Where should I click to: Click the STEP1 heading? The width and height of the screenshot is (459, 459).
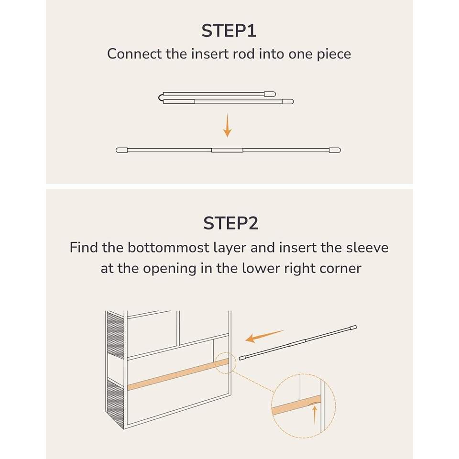229,31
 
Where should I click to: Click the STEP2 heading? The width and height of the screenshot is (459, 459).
230,223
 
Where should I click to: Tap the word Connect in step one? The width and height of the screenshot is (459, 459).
134,54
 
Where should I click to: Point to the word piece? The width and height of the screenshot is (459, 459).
334,55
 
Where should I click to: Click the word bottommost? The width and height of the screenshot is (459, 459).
168,248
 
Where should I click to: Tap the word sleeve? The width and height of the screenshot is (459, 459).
367,248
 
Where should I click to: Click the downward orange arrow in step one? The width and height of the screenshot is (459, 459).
228,125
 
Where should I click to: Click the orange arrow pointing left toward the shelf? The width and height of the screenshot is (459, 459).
264,336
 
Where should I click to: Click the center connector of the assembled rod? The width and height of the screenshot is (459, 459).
227,150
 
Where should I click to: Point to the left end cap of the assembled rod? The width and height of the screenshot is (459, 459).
122,150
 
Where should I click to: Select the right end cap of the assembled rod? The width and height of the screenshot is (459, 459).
335,150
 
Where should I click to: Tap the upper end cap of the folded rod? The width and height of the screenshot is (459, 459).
270,94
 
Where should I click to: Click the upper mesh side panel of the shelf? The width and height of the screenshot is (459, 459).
116,335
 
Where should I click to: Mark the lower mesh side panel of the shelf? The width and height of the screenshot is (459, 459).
116,404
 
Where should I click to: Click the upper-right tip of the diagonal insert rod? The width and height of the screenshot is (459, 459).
356,327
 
